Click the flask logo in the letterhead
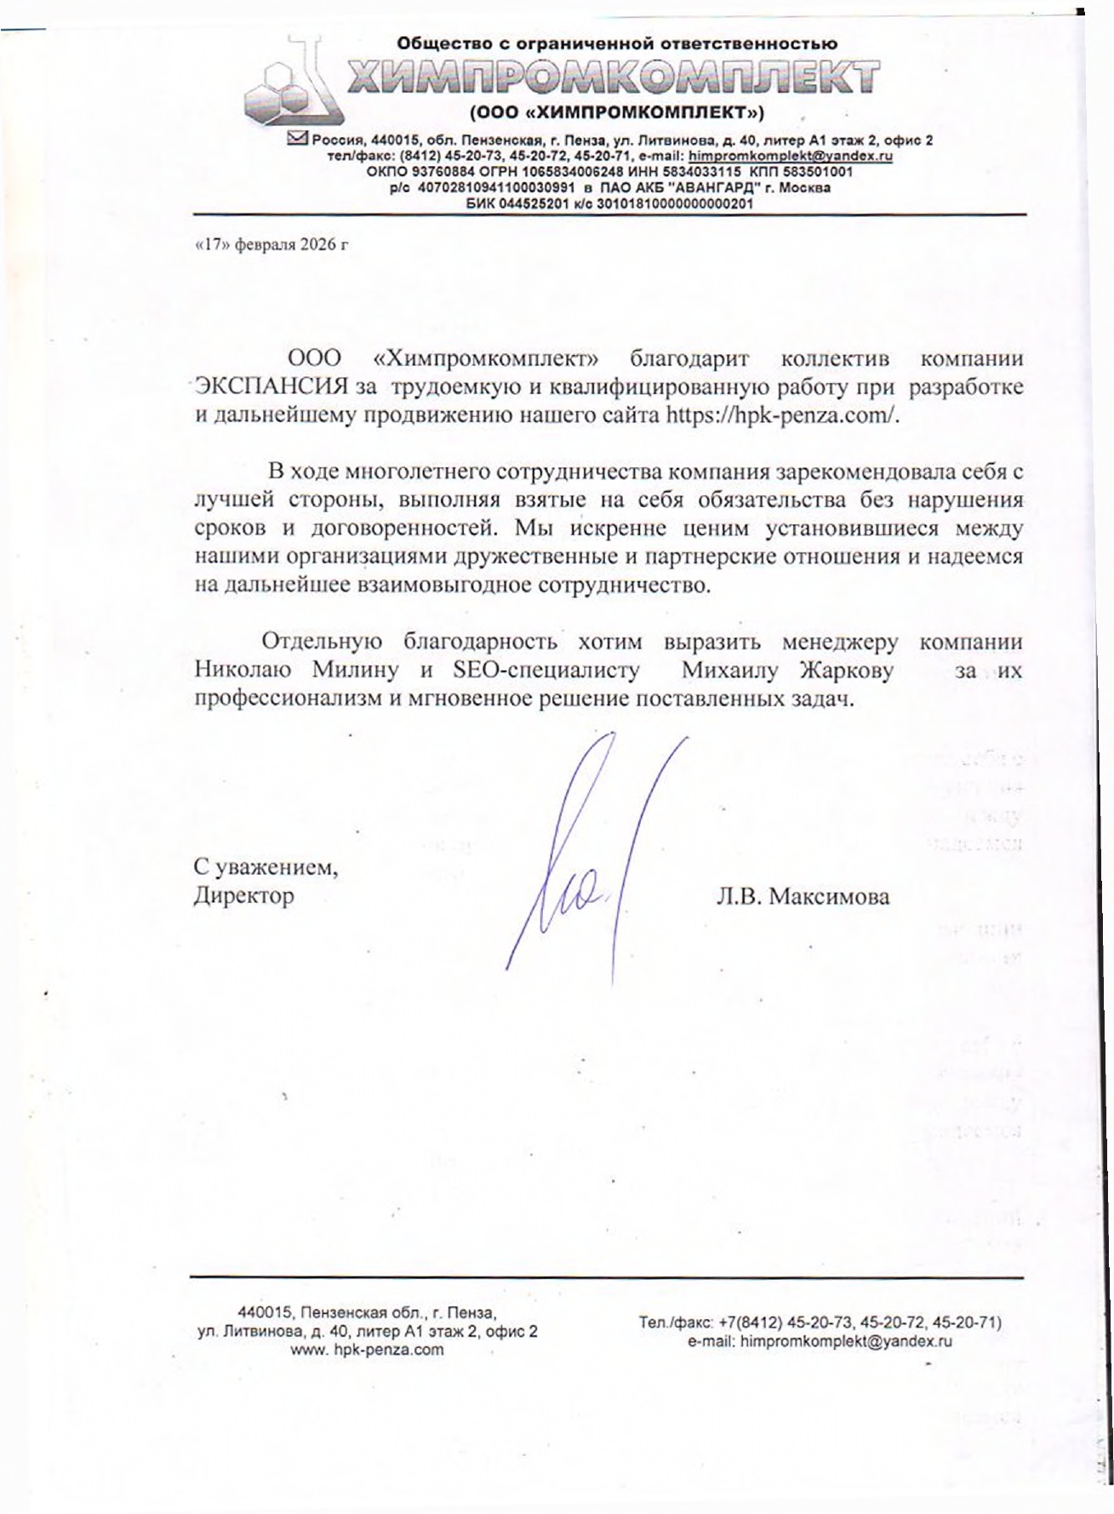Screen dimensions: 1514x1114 [x=289, y=85]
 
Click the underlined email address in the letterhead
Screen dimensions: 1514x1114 [x=790, y=157]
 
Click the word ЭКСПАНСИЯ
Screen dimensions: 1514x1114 [x=271, y=387]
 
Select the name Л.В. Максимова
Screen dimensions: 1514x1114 [x=803, y=896]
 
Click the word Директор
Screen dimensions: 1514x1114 [x=243, y=896]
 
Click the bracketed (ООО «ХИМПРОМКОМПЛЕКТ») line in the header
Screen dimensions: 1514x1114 [x=617, y=113]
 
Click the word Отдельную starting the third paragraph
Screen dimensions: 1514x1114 [x=322, y=642]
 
